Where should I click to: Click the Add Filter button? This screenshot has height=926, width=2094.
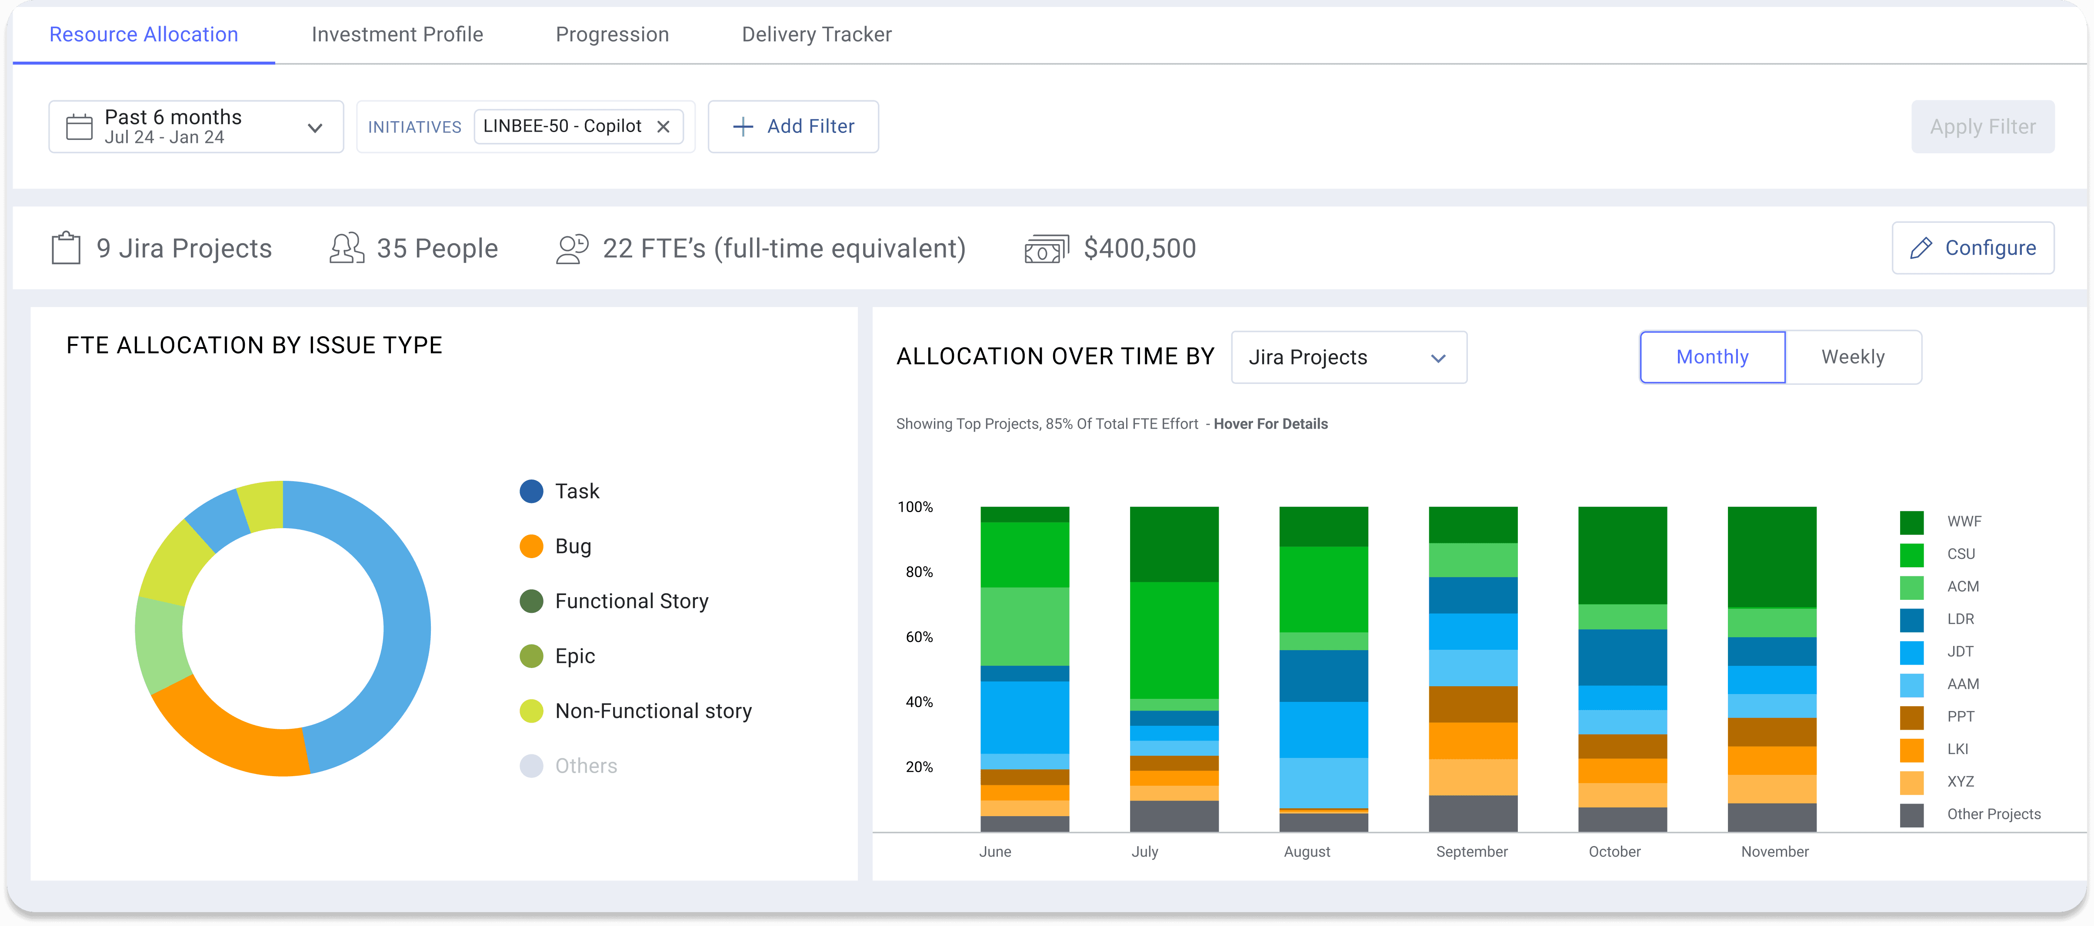794,127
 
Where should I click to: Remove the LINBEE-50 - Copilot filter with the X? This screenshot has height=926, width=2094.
664,127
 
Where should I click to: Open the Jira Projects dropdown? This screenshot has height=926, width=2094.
1349,357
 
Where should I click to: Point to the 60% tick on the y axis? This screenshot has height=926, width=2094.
919,637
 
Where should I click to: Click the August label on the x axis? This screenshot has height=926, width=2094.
1306,851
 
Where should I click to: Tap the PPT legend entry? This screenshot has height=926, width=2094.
1960,716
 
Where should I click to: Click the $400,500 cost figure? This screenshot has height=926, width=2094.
1140,248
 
